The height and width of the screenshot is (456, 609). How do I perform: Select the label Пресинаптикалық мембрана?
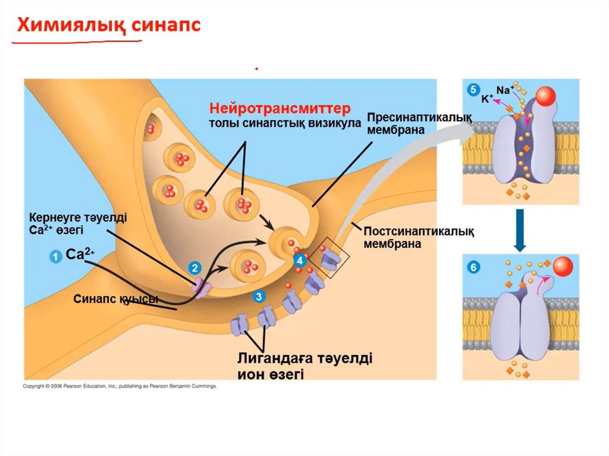420,124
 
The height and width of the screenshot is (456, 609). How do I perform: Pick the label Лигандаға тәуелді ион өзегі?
304,366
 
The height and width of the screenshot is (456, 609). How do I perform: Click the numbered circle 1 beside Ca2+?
54,256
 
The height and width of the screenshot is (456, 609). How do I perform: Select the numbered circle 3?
258,295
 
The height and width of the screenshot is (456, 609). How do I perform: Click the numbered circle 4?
300,260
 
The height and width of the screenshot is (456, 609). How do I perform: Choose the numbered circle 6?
473,268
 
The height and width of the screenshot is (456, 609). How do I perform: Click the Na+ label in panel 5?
505,90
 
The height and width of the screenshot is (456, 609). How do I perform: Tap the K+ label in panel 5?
488,100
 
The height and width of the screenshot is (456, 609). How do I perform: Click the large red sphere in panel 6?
563,266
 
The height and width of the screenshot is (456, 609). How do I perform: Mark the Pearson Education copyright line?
120,386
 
